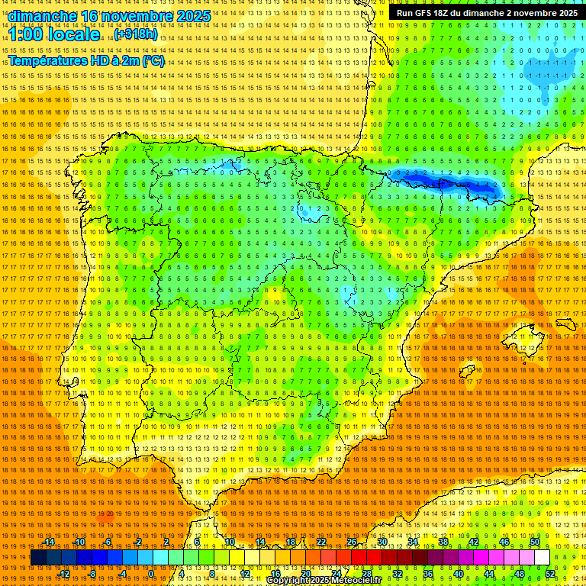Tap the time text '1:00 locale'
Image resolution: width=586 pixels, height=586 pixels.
pos(54,35)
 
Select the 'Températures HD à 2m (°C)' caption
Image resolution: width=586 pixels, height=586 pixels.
pos(86,61)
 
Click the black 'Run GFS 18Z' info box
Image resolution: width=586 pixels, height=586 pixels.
pos(485,13)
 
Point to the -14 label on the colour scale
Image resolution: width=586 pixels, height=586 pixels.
pos(49,542)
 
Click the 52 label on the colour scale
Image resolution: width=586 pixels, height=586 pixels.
pos(551,574)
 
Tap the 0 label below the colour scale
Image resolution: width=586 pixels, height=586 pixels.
pos(151,574)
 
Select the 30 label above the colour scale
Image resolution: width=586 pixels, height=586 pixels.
pos(382,542)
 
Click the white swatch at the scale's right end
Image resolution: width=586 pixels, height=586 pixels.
pos(542,558)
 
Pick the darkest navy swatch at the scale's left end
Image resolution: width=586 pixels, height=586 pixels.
pos(38,558)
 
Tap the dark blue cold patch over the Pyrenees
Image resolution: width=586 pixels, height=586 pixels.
pos(450,183)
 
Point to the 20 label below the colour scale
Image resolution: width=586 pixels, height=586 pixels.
pos(306,574)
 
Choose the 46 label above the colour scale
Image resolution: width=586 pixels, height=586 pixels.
pos(504,542)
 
